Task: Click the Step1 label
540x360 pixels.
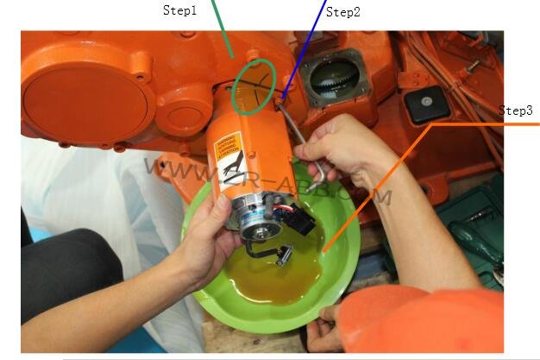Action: click(x=180, y=11)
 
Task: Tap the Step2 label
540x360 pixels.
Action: click(x=342, y=12)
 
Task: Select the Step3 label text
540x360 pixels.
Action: click(x=516, y=111)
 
